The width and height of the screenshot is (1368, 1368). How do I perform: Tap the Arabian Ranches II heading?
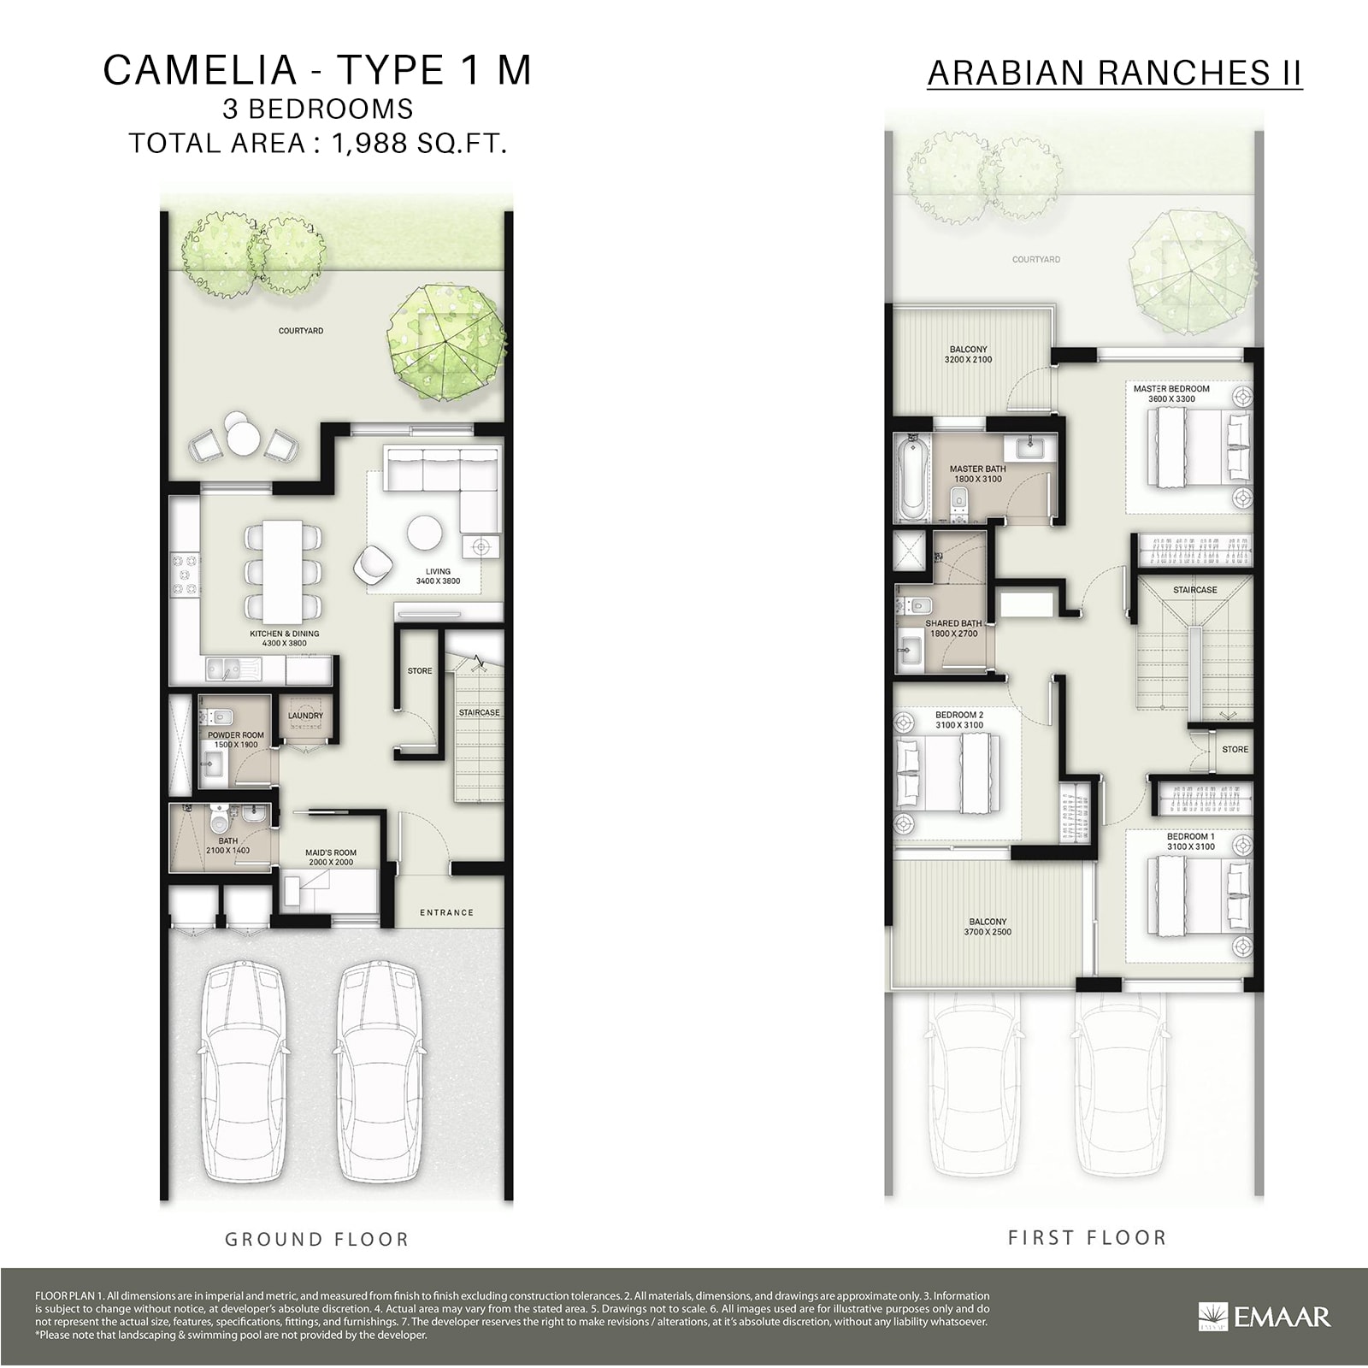1114,74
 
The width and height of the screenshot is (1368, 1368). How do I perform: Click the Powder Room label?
236,734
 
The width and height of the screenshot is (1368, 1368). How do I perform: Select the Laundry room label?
305,716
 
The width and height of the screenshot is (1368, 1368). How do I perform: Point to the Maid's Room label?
331,852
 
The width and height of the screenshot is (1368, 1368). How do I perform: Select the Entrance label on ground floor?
446,912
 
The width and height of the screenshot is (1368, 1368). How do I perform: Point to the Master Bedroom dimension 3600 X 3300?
1171,399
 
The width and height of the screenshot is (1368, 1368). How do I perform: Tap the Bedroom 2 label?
959,715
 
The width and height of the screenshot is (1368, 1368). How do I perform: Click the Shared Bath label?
953,623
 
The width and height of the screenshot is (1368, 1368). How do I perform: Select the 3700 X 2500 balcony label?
988,932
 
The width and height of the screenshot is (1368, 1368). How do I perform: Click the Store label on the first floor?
1235,749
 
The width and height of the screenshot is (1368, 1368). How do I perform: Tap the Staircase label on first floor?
1194,590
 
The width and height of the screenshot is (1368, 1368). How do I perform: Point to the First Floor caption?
1087,1237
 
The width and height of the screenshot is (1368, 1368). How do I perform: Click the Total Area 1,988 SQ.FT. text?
318,144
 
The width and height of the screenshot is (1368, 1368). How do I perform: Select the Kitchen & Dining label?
284,634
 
